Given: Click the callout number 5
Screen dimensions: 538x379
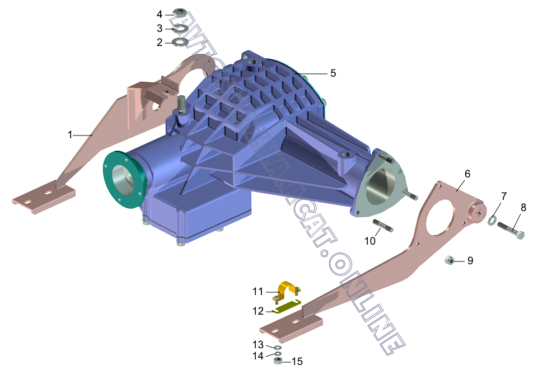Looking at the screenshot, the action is [x=333, y=73].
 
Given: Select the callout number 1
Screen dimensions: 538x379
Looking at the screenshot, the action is [x=70, y=135].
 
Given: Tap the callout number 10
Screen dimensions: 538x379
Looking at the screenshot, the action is [x=370, y=241].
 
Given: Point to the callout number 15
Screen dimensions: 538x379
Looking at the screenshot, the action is [x=297, y=362].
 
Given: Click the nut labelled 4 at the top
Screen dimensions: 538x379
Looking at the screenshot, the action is [x=180, y=13].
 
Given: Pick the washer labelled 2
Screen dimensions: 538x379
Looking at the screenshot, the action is [x=180, y=43].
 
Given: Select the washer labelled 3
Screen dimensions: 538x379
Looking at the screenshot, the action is [x=180, y=29].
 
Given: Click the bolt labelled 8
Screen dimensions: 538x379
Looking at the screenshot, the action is [x=511, y=230].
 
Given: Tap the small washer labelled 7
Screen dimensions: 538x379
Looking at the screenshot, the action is [x=492, y=221].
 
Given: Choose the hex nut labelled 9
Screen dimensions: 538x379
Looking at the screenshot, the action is [x=449, y=260].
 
